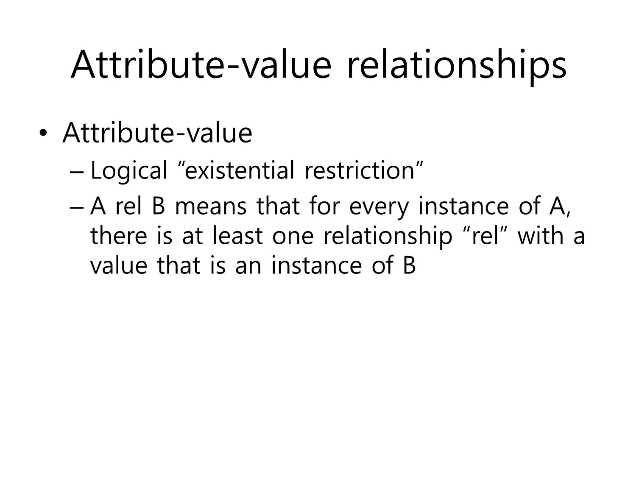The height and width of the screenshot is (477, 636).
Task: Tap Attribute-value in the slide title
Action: coord(201,64)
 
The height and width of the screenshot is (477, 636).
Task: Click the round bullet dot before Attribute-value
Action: coord(43,133)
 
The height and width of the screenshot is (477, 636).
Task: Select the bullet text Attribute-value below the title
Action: coord(157,132)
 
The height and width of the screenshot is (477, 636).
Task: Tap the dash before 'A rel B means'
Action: coord(77,208)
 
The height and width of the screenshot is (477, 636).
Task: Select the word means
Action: coord(211,206)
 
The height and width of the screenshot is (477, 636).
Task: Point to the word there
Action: coord(119,235)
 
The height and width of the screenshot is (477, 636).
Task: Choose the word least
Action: coord(237,235)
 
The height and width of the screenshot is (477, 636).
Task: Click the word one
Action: coord(293,237)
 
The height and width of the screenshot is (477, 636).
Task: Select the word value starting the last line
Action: coord(119,265)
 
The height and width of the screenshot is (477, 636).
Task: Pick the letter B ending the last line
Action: coord(410,265)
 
